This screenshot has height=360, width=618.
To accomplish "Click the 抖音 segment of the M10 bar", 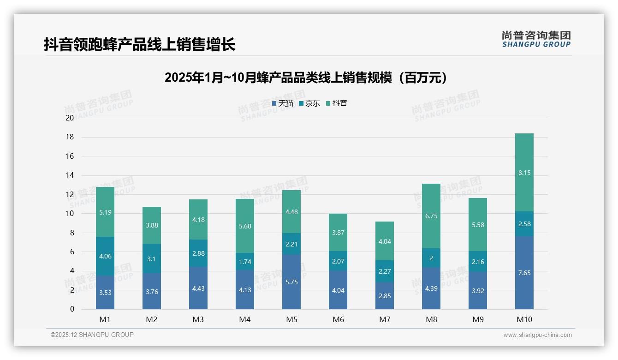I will pos(524,173).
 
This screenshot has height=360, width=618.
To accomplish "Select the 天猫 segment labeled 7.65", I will pos(524,273).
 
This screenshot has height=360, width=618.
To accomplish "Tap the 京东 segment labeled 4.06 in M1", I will pos(105,256).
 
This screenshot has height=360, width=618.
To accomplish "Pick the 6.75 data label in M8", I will pos(431,216).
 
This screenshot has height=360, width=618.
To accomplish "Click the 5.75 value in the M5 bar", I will pos(291,282).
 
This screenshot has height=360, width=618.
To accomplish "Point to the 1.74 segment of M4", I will pos(245,262).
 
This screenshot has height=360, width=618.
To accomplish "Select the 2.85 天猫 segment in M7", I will pos(385,295).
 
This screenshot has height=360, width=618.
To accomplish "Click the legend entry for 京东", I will pos(309,103).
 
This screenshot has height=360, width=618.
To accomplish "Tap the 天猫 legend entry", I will pos(283,103).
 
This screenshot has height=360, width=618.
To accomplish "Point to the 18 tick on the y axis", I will pos(70,137).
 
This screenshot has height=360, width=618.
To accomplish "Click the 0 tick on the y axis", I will pos(72,309).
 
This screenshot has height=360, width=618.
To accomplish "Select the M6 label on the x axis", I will pos(338,319).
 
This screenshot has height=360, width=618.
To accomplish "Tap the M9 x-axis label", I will pos(478,319).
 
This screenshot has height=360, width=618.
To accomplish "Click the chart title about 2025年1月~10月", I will pos(306,78).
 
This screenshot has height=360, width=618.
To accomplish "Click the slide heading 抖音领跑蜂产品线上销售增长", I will pos(140,45).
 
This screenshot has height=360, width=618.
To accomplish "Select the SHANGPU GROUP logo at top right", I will pos(536,39).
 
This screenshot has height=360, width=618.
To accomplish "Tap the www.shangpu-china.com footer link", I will pos(537,335).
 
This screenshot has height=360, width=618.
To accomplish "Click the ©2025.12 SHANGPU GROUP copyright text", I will pos(92,335).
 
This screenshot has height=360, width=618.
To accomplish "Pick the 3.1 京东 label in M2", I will pos(152,259).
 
